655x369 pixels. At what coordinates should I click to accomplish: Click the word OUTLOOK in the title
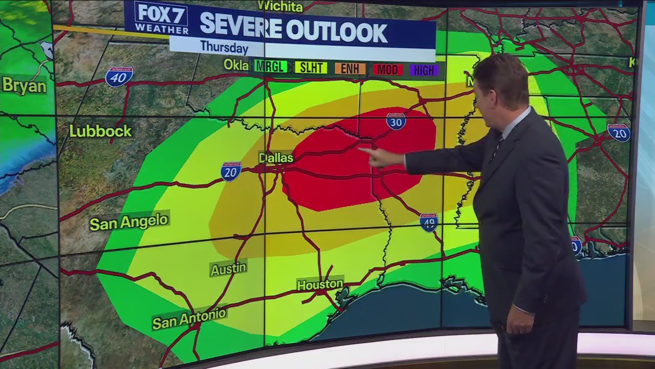336,32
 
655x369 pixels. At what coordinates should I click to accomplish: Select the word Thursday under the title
224,48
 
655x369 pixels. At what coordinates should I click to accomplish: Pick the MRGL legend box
271,67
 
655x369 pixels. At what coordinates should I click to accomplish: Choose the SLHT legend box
311,68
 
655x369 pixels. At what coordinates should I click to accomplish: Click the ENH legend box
350,69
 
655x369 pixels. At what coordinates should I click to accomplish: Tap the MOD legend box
388,69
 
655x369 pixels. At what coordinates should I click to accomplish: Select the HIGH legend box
424,70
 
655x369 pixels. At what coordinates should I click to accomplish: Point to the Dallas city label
276,157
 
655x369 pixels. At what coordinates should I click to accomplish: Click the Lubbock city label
100,131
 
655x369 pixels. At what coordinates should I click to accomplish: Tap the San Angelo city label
128,222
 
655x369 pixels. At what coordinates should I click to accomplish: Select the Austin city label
228,269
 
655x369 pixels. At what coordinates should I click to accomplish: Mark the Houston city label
320,284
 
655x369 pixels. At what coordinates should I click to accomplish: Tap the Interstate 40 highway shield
119,76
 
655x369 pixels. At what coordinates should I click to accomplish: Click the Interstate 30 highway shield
396,121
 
